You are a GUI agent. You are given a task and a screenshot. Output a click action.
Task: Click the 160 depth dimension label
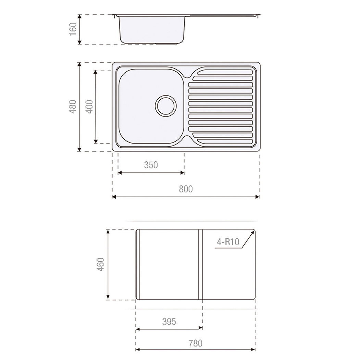pyautogui.click(x=73, y=29)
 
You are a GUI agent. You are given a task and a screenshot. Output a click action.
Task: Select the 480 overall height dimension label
pyautogui.click(x=73, y=107)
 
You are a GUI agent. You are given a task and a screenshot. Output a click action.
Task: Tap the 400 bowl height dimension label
pyautogui.click(x=89, y=107)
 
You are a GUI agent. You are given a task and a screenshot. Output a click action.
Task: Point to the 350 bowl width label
pyautogui.click(x=151, y=165)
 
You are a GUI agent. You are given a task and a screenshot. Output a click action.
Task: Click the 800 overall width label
pyautogui.click(x=186, y=189)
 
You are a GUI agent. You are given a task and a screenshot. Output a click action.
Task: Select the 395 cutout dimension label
pyautogui.click(x=169, y=322)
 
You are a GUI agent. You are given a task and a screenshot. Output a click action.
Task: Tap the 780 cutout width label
pyautogui.click(x=195, y=343)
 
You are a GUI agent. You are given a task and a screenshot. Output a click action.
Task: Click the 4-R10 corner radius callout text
pyautogui.click(x=227, y=242)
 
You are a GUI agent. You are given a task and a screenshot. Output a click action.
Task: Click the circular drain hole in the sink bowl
pyautogui.click(x=166, y=105)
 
